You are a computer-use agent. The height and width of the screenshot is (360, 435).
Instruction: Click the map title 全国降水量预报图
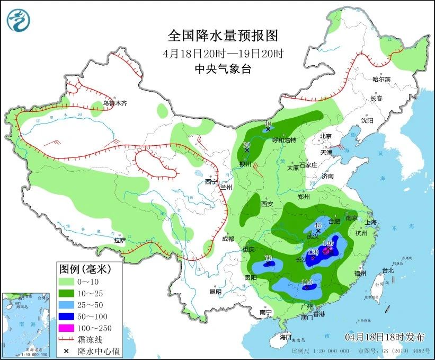[x=223, y=36]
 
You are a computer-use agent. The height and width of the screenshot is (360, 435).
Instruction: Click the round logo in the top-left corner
[x=19, y=20]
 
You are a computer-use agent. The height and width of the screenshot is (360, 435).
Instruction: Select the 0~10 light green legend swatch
[x=68, y=281]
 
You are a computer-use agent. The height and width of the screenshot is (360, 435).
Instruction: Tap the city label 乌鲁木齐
[x=115, y=103]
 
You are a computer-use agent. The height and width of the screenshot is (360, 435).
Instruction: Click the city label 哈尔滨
[x=381, y=79]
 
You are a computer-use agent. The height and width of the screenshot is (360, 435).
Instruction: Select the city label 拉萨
[x=120, y=240]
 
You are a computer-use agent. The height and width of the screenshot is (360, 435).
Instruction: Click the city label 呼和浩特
[x=283, y=140]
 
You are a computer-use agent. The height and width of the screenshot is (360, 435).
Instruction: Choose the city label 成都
[x=228, y=239]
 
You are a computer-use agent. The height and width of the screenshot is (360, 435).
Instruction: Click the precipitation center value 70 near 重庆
[x=268, y=258]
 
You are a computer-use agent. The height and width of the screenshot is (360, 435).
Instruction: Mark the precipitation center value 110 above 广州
[x=306, y=282]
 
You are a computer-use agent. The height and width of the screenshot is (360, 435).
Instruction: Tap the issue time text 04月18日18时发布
[x=385, y=337]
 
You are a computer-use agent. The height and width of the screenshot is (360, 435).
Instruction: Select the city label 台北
[x=388, y=270]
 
